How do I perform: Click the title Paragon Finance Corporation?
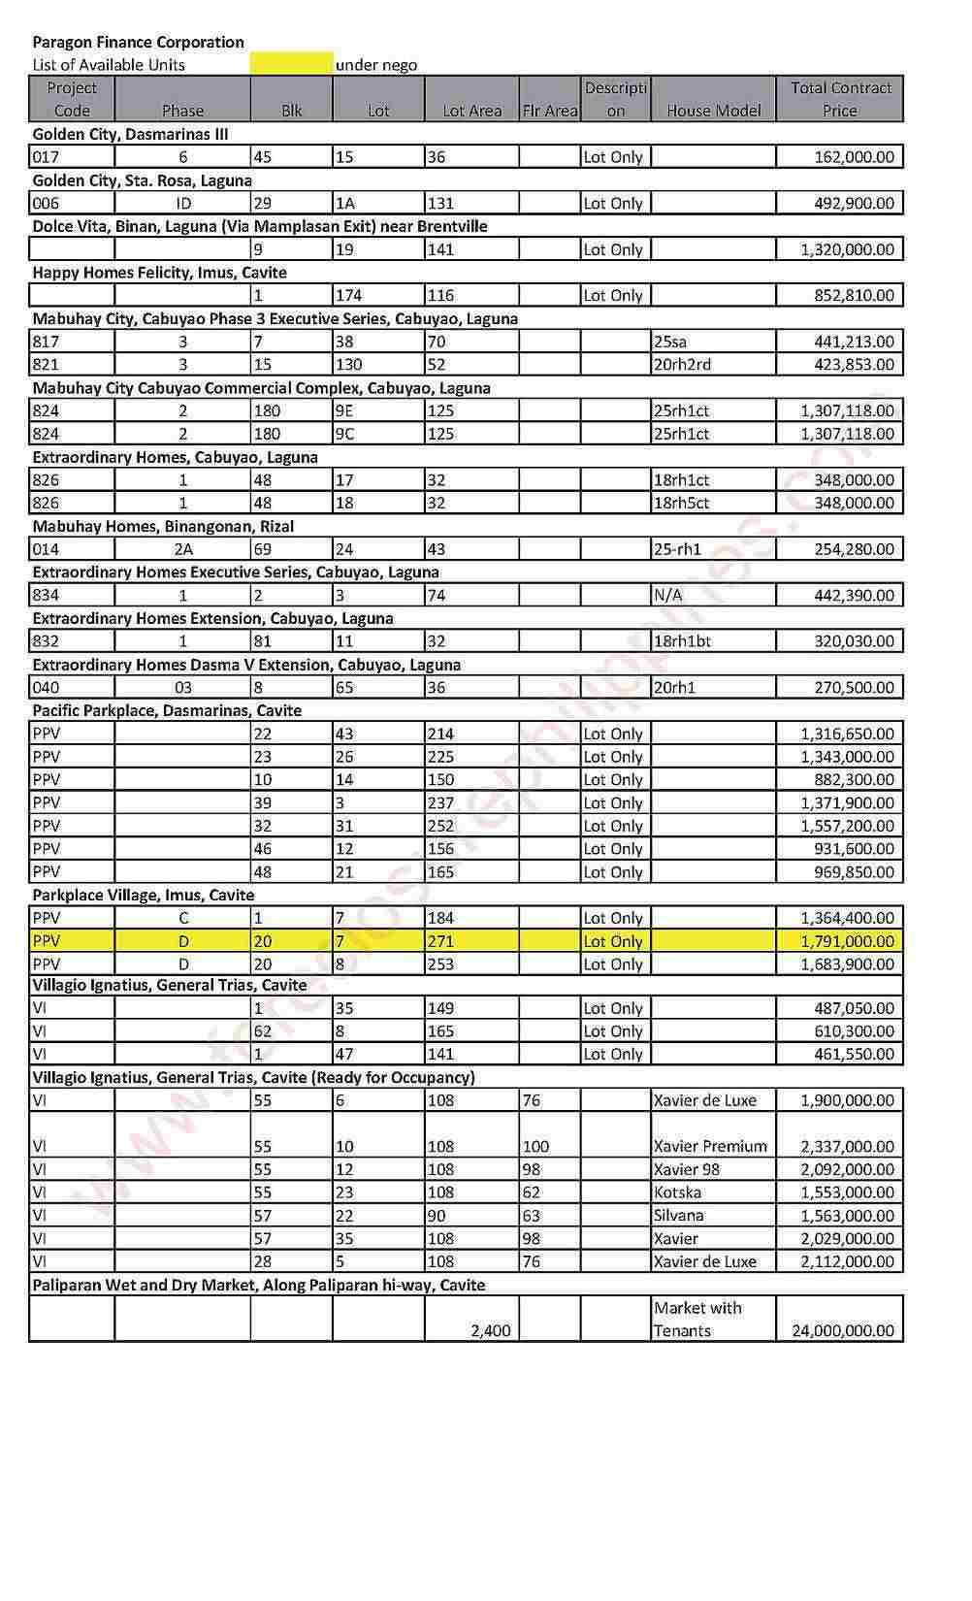pyautogui.click(x=138, y=42)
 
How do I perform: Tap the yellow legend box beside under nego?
pyautogui.click(x=291, y=64)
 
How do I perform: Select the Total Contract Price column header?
pyautogui.click(x=840, y=99)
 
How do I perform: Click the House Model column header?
pyautogui.click(x=713, y=111)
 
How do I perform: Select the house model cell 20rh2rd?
pyautogui.click(x=682, y=365)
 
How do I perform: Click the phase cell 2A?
pyautogui.click(x=182, y=549)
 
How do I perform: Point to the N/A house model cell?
pyautogui.click(x=667, y=596)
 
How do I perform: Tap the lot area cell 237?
pyautogui.click(x=440, y=803)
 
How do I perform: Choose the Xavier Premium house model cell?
pyautogui.click(x=710, y=1147)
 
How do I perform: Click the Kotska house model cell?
pyautogui.click(x=677, y=1193)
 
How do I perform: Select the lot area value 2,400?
pyautogui.click(x=490, y=1331)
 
